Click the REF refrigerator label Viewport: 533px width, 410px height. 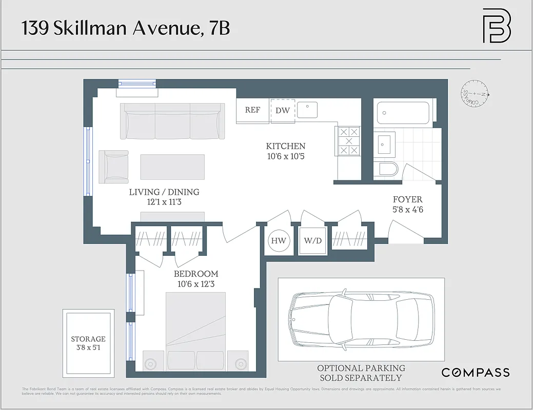(252, 110)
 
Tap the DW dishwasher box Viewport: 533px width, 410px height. (283, 111)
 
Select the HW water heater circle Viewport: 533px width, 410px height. (279, 241)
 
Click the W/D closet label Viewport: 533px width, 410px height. (312, 241)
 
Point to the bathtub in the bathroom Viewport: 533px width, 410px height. (403, 113)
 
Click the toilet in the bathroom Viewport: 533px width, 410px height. (386, 169)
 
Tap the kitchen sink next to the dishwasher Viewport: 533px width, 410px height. (307, 110)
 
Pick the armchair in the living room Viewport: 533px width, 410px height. (114, 167)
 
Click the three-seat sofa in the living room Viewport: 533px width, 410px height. (172, 121)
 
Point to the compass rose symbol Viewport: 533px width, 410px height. (476, 94)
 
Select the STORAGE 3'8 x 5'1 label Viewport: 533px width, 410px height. (88, 343)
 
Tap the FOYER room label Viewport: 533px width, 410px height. (408, 199)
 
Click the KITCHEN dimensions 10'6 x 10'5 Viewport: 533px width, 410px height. (286, 156)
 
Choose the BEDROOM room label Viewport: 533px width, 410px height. (196, 274)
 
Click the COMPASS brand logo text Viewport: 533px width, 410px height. (476, 373)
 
